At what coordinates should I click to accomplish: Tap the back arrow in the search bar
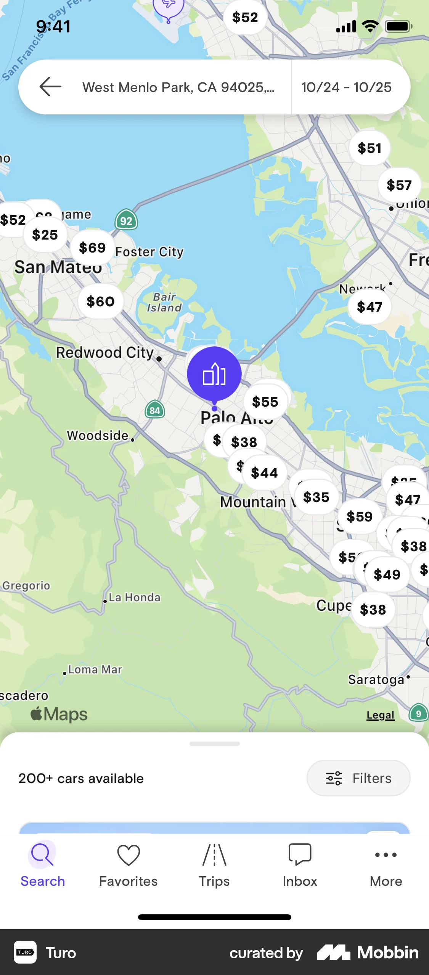click(50, 87)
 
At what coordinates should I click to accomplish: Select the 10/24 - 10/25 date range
click(346, 87)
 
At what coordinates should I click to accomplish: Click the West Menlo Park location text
click(178, 87)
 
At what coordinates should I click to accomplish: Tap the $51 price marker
click(369, 148)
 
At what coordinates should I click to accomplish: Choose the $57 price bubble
click(399, 185)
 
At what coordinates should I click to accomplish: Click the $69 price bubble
click(92, 248)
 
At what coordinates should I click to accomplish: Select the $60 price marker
click(100, 302)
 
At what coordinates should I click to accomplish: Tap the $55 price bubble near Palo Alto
click(265, 402)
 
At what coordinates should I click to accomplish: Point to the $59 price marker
click(359, 517)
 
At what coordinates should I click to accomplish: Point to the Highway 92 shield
click(126, 220)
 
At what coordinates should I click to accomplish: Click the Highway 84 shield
click(154, 410)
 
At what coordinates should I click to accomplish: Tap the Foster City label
click(149, 252)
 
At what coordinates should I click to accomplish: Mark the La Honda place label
click(134, 597)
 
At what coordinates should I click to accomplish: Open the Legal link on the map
click(380, 715)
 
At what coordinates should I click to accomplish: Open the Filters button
click(358, 778)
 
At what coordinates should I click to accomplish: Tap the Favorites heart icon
click(129, 855)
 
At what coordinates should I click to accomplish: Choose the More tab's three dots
click(386, 855)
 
